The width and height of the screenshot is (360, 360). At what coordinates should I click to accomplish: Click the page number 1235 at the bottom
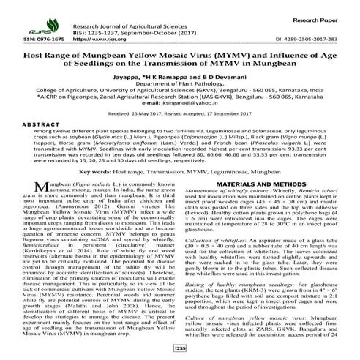[x=179, y=349]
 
